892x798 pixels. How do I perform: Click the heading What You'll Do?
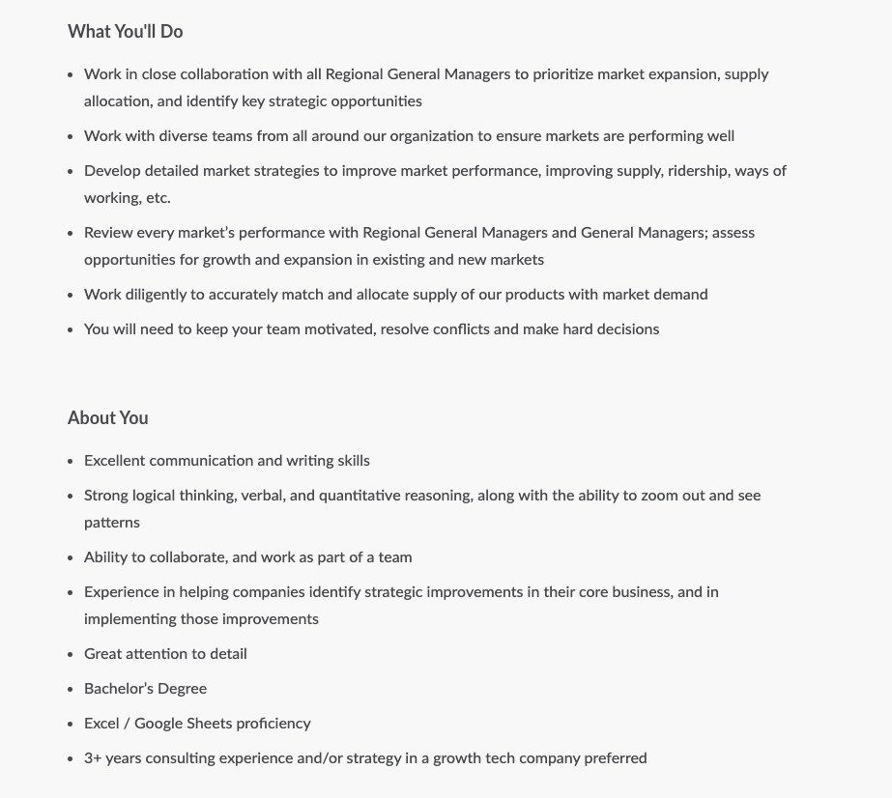pyautogui.click(x=125, y=32)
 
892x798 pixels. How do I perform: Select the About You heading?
pyautogui.click(x=107, y=418)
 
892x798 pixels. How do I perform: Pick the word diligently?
pyautogui.click(x=162, y=295)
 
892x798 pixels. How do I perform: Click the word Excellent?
pyautogui.click(x=114, y=461)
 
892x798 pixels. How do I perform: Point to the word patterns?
pyautogui.click(x=112, y=523)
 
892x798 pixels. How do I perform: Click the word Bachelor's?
pyautogui.click(x=117, y=689)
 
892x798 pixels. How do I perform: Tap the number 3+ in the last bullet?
pyautogui.click(x=93, y=758)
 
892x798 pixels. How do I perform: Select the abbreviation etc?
pyautogui.click(x=158, y=198)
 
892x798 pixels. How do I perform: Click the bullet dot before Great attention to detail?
pyautogui.click(x=71, y=655)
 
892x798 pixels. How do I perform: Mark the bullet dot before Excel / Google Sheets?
pyautogui.click(x=71, y=725)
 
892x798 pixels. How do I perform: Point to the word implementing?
pyautogui.click(x=129, y=619)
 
